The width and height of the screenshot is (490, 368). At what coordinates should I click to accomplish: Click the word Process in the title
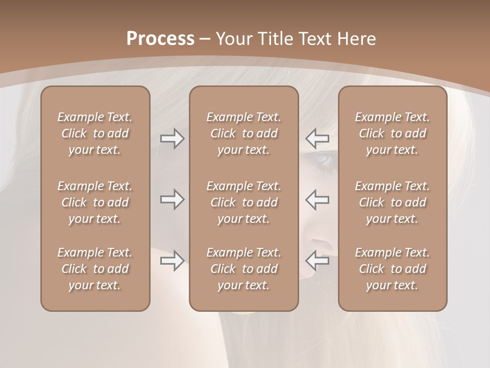[x=160, y=39]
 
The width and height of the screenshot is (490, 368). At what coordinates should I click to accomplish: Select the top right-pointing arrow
[x=172, y=139]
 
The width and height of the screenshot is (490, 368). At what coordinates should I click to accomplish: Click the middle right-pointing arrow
[x=172, y=199]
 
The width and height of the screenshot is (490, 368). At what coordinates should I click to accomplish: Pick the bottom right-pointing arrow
[x=172, y=261]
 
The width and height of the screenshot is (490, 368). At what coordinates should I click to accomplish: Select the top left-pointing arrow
[x=317, y=139]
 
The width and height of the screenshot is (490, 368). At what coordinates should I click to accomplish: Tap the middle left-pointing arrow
[x=317, y=199]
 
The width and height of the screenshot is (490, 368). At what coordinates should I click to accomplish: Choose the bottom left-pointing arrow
[x=317, y=261]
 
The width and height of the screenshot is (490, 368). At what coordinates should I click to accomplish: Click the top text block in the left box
[x=95, y=133]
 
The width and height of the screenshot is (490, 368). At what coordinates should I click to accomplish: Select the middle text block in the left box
[x=95, y=202]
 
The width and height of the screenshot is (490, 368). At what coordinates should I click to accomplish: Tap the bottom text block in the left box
[x=95, y=269]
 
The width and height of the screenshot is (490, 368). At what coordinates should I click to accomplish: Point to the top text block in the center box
[x=243, y=133]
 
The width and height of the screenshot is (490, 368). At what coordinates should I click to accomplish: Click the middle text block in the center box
[x=243, y=202]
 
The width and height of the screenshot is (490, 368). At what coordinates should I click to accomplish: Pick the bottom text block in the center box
[x=243, y=269]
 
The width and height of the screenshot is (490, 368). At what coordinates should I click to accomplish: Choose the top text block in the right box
[x=393, y=133]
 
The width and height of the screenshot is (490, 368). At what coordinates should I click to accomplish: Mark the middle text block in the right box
[x=393, y=202]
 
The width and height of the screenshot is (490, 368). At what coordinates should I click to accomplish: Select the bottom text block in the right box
[x=393, y=269]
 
